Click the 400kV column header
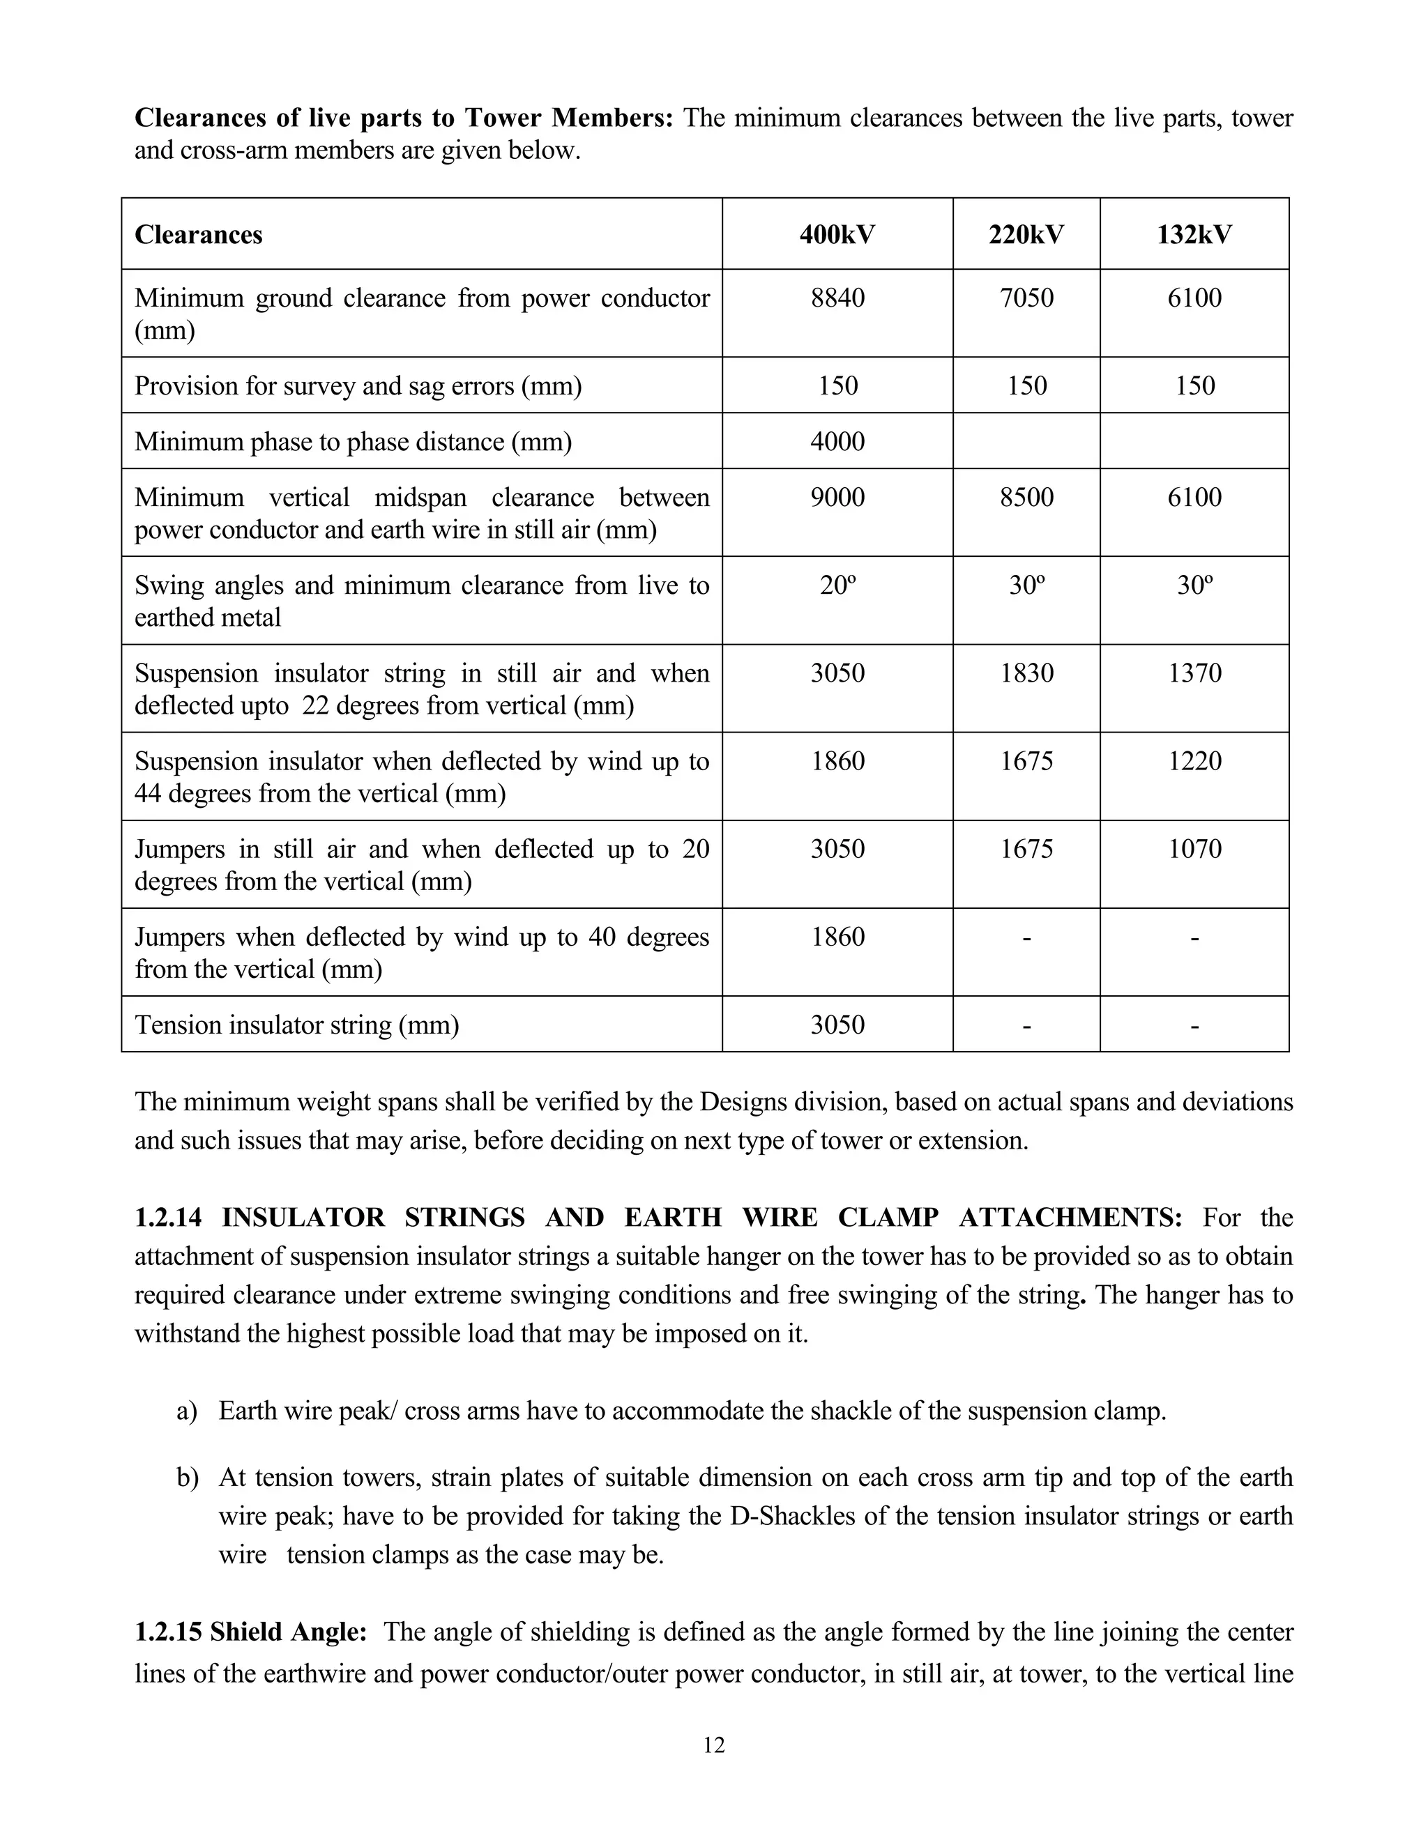[x=837, y=234]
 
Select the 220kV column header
[x=1026, y=234]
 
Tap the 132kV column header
[x=1194, y=234]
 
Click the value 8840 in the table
[x=837, y=298]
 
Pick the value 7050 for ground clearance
[x=1026, y=298]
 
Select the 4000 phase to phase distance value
[x=837, y=441]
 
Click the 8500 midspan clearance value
[x=1026, y=496]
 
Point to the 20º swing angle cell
[x=837, y=585]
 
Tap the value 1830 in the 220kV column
[x=1026, y=673]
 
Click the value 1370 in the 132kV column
[x=1194, y=673]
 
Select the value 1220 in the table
[x=1194, y=761]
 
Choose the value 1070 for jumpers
[x=1194, y=849]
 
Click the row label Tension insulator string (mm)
[x=297, y=1025]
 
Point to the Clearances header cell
[x=199, y=234]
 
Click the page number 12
[x=713, y=1745]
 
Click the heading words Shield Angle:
[x=288, y=1632]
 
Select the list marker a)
[x=187, y=1411]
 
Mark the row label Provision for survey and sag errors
[x=358, y=385]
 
